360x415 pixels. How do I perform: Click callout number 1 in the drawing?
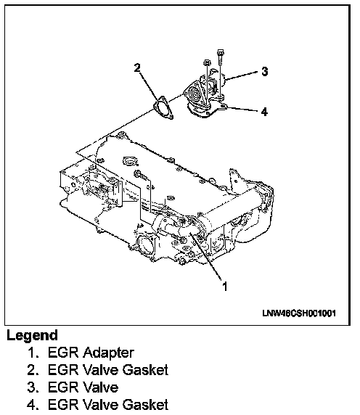[x=225, y=286]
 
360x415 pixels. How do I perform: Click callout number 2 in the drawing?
[x=137, y=67]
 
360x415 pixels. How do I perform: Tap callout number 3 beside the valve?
[x=264, y=71]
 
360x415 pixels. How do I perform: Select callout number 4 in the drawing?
[x=264, y=112]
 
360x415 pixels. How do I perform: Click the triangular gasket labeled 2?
[x=163, y=108]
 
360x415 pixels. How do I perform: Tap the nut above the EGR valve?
[x=207, y=62]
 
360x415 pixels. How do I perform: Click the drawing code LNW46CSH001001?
[x=299, y=313]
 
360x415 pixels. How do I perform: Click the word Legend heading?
[x=32, y=336]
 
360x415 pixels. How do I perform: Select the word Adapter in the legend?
[x=109, y=353]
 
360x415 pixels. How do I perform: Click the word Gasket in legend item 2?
[x=145, y=370]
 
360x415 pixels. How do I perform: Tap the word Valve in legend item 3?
[x=101, y=387]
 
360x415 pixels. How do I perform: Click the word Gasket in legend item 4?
[x=145, y=404]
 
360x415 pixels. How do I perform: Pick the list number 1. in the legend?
[x=34, y=353]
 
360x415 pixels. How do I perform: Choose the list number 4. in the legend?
[x=34, y=405]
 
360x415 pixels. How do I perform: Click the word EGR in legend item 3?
[x=64, y=387]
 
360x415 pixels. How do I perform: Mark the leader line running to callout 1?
[x=205, y=256]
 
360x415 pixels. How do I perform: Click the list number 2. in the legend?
[x=34, y=370]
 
